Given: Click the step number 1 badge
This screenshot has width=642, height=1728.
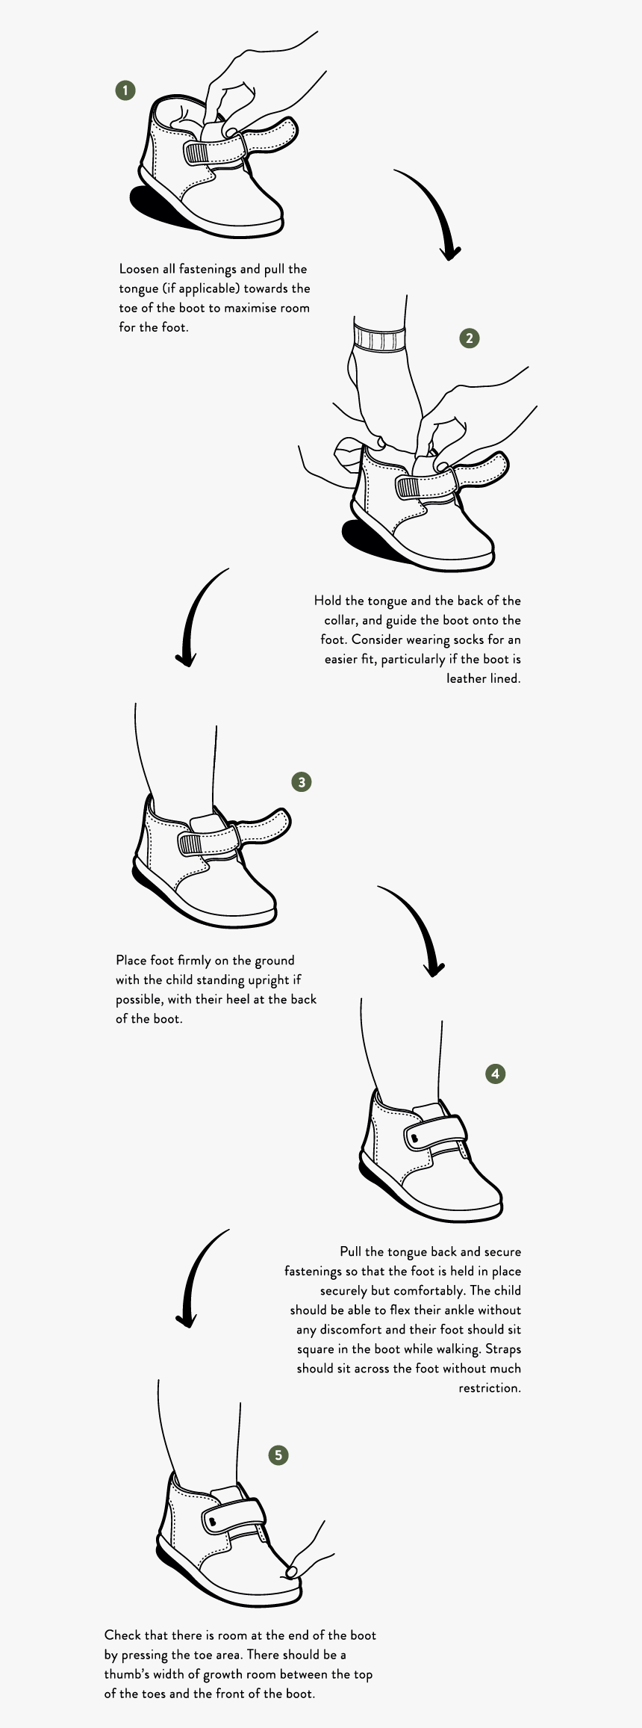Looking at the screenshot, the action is [x=125, y=90].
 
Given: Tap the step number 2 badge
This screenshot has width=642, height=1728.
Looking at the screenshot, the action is [x=469, y=338].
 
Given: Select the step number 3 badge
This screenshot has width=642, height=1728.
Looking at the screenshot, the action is [x=302, y=782].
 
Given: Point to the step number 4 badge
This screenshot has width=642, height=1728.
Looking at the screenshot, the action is [x=496, y=1074].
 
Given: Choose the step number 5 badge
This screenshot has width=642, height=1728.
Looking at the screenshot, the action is [x=278, y=1455].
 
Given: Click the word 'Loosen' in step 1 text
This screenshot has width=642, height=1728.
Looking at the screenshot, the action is [x=140, y=269].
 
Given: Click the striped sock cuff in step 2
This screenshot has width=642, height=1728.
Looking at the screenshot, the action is [x=380, y=338].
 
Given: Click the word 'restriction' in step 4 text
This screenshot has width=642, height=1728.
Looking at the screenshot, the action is [x=489, y=1388].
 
